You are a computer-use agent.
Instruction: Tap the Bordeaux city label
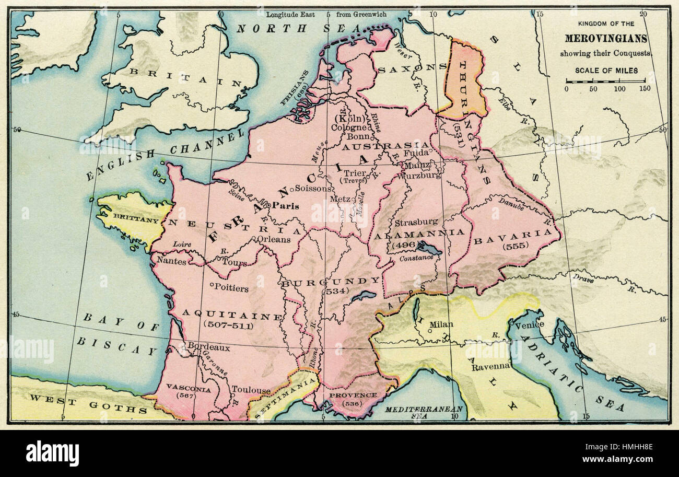click(208, 346)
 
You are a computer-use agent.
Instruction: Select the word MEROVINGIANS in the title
click(606, 39)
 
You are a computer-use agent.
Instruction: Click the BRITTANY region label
click(128, 220)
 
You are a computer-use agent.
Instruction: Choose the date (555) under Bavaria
click(514, 246)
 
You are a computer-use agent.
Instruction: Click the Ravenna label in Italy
click(490, 367)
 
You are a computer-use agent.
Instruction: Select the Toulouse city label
click(251, 390)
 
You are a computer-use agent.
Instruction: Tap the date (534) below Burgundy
click(337, 291)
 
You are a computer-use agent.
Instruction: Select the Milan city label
click(440, 324)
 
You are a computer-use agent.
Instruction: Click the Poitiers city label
click(231, 288)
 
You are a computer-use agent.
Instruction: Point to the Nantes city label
click(171, 261)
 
